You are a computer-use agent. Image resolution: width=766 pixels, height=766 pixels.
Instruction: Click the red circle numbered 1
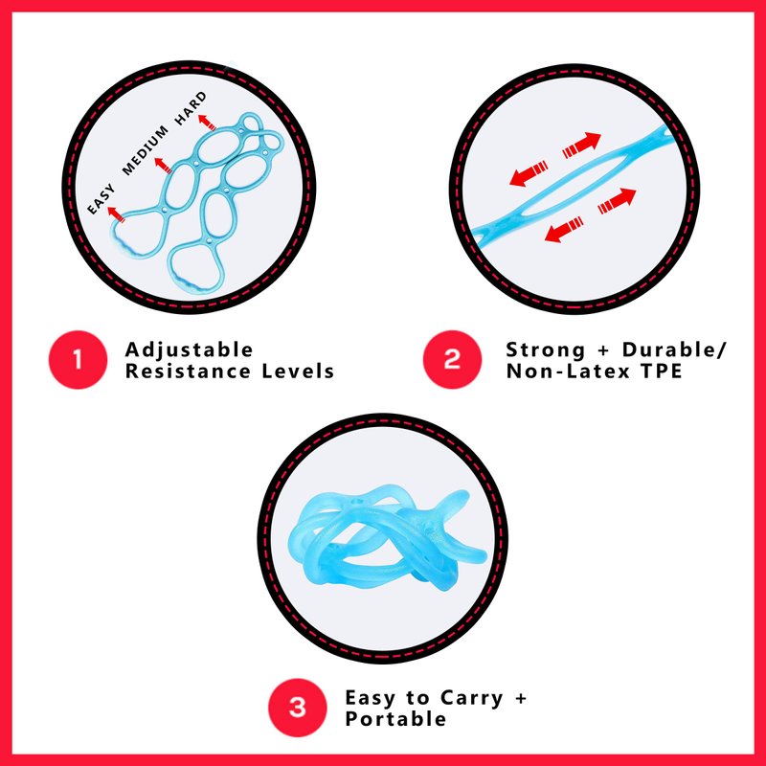78,360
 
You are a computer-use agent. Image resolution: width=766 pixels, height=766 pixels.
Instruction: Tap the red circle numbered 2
452,360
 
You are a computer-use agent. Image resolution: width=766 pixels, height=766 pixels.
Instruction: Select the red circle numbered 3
298,708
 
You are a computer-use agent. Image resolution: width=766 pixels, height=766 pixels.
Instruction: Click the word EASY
101,199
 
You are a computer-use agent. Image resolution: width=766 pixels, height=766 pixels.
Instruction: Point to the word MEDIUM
146,150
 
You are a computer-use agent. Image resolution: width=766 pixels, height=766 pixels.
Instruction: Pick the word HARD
191,108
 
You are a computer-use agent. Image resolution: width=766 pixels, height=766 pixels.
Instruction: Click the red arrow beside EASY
116,214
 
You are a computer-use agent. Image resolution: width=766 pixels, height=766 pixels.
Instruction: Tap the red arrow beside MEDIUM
163,165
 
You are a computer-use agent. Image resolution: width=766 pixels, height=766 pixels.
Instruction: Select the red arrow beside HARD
207,123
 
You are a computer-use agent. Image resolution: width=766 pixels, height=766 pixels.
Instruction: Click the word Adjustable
189,350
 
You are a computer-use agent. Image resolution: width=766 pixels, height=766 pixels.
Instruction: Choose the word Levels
298,372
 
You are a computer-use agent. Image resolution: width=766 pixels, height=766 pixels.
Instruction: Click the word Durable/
675,350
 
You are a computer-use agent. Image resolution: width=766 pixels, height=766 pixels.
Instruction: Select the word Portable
395,719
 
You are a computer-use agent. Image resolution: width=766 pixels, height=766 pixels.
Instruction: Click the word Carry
472,699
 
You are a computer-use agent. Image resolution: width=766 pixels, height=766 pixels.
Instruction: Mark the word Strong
545,350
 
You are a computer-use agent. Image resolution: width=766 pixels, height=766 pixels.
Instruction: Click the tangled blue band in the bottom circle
386,538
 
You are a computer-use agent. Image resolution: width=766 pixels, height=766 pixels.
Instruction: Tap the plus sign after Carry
521,698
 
